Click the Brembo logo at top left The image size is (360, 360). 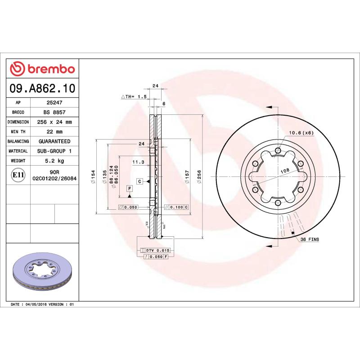tap(42, 69)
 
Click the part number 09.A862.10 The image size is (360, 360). tap(42, 88)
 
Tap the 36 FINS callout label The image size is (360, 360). tap(309, 240)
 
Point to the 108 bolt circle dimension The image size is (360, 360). tap(284, 171)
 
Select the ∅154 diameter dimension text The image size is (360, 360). tap(93, 176)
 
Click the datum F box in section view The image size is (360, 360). tap(129, 189)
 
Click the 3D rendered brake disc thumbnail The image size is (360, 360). tap(43, 273)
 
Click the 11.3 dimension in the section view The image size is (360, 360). tap(138, 162)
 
